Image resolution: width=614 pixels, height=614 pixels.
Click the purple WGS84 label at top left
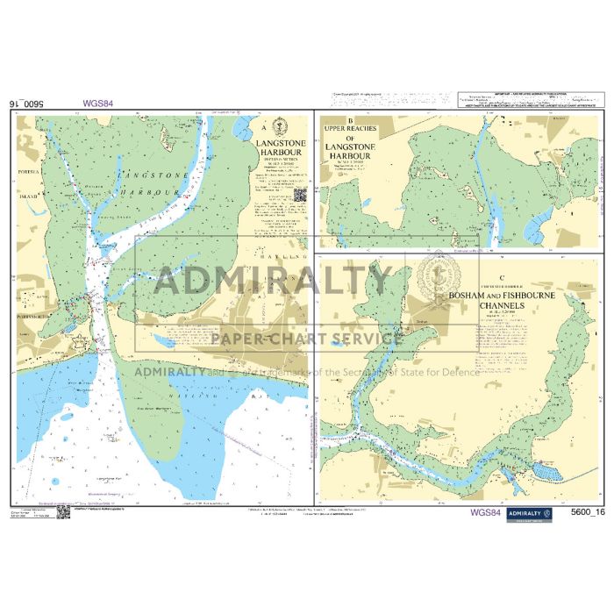98,103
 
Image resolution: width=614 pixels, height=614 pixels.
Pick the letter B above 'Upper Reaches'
350,121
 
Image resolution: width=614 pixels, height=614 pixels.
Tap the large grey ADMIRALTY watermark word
272,282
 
